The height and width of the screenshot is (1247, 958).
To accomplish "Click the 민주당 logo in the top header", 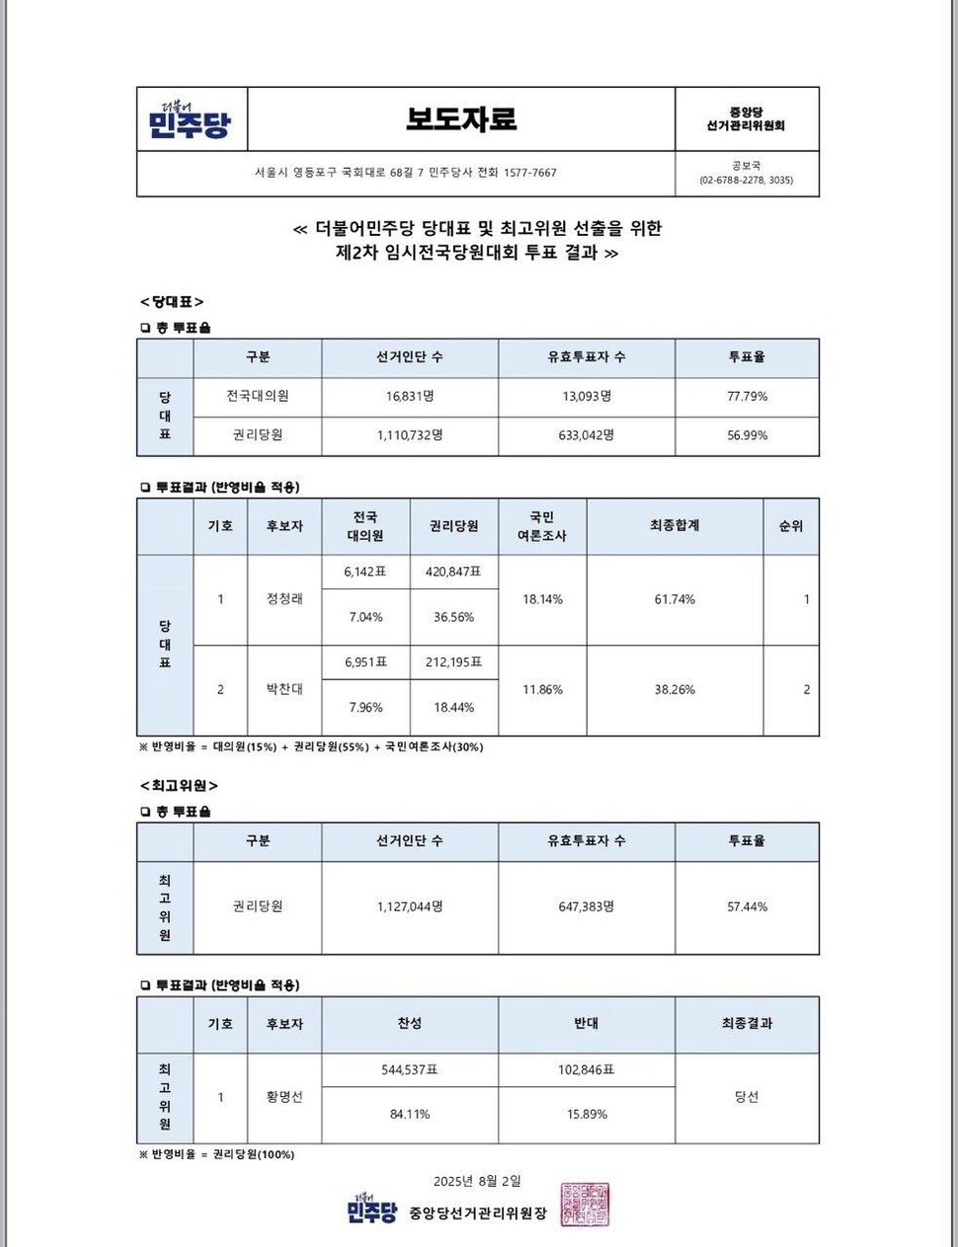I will [x=190, y=119].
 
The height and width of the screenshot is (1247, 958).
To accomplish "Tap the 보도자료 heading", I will [x=461, y=118].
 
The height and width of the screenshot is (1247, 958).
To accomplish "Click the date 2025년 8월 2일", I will [x=476, y=1181].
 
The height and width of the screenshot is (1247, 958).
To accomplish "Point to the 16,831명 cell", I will [x=410, y=396].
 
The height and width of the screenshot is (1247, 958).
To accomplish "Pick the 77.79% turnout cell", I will [x=747, y=396].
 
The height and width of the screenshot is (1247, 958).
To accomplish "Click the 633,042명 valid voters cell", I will [x=587, y=434].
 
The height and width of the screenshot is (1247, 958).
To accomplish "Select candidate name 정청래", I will [x=284, y=598].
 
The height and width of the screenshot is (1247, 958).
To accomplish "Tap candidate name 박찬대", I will [x=284, y=689].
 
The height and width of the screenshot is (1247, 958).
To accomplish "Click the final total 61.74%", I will [x=675, y=599].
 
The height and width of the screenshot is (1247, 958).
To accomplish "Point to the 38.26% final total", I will [x=675, y=689].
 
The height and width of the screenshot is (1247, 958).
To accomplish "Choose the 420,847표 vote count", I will [x=453, y=572].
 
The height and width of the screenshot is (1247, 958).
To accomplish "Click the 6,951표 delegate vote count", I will [x=365, y=662].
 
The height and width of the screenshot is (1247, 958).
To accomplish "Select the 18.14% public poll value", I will [x=542, y=599].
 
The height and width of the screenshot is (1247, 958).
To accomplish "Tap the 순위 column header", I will [x=790, y=526].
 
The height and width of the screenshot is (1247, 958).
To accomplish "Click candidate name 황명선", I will [x=284, y=1097].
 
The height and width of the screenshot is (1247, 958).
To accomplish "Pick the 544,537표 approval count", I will [x=410, y=1069].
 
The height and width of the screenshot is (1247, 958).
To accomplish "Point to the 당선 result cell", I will [x=747, y=1097].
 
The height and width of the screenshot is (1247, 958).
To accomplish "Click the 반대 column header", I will [x=587, y=1024].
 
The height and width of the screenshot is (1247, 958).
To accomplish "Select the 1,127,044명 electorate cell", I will [x=410, y=906].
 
